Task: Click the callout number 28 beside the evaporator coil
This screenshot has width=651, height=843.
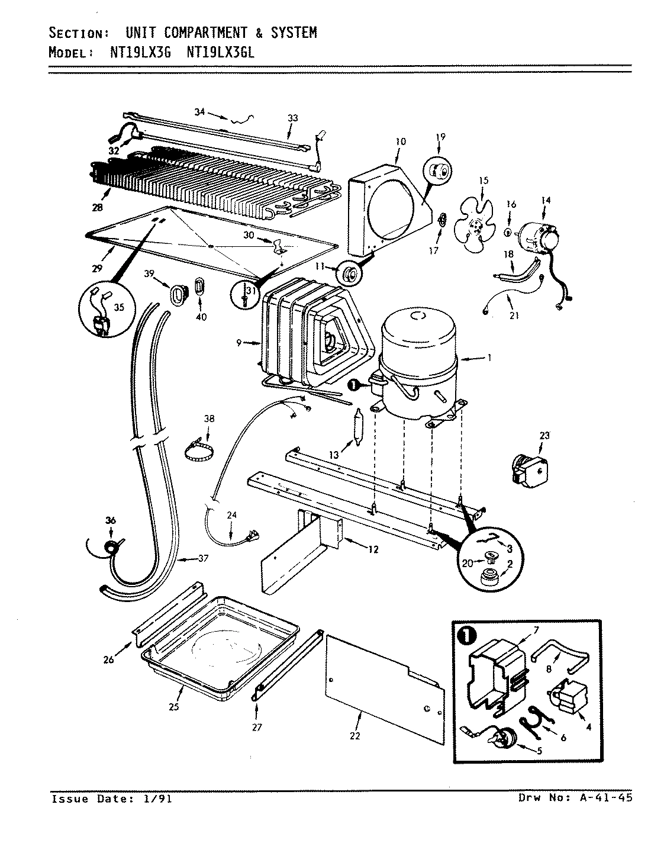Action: tap(97, 207)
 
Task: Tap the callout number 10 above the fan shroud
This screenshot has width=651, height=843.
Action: tap(400, 141)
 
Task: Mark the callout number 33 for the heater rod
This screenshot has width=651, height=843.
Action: tap(292, 118)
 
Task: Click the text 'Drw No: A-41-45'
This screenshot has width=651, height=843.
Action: tap(575, 798)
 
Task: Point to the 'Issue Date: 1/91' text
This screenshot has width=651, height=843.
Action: tap(112, 799)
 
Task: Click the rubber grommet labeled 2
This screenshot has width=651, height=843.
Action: tap(488, 577)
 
